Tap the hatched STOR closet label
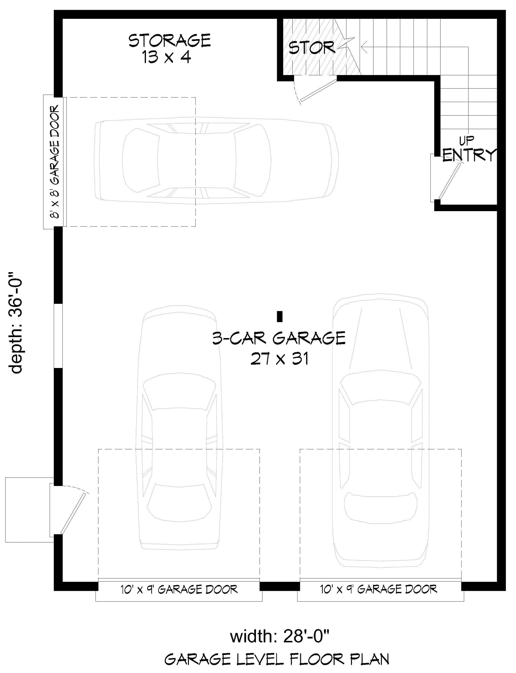pos(311,48)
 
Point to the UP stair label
pos(466,141)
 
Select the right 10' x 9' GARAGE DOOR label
pos(378,589)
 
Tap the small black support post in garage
pos(280,316)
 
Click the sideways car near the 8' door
pos(217,160)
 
